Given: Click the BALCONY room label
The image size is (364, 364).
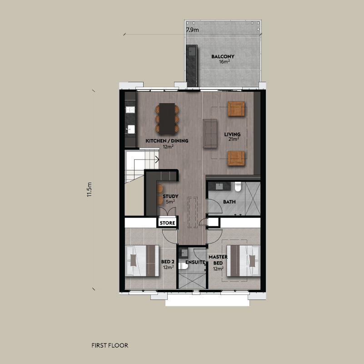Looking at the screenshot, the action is click(x=223, y=56).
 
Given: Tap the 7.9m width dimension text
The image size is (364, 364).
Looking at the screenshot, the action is click(x=192, y=30).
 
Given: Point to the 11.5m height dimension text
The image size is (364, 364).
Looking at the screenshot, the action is click(x=90, y=189).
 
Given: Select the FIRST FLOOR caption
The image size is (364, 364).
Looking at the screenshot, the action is click(x=110, y=345).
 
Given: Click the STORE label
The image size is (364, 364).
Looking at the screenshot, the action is click(x=167, y=223).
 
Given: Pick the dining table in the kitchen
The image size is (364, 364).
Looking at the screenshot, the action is click(x=167, y=119).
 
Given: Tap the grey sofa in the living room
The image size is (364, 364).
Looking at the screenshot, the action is click(x=210, y=134).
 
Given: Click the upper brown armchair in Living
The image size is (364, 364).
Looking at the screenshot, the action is click(x=236, y=109).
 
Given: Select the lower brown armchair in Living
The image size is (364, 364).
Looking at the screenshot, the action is click(x=236, y=158).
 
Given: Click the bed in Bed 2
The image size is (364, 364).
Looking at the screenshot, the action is click(x=142, y=261).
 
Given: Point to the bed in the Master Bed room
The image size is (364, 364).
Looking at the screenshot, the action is click(x=243, y=261).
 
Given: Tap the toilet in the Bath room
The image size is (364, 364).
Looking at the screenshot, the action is click(x=238, y=187).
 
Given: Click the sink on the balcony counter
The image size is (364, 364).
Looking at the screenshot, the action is click(x=192, y=51).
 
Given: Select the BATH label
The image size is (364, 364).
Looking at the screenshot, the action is click(x=229, y=202).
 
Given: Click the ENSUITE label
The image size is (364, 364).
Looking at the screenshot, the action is click(x=195, y=262).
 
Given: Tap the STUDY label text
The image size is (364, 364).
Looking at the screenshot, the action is click(x=170, y=196).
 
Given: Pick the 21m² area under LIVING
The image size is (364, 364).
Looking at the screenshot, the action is click(x=234, y=140).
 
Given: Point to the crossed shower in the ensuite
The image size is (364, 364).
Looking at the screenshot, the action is click(x=192, y=281).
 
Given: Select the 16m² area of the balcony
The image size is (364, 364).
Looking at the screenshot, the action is click(x=224, y=62).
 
